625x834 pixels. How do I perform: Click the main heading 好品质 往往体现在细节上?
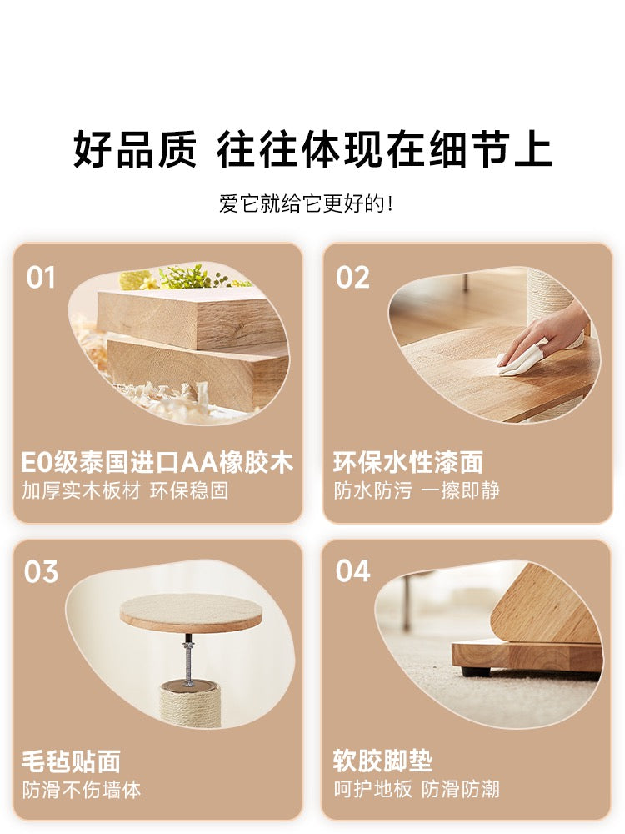tap(312, 148)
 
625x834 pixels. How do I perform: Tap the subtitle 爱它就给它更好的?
tap(307, 203)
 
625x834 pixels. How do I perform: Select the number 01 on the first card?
tap(41, 278)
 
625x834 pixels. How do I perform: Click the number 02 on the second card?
tap(352, 278)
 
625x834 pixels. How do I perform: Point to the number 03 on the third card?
tap(41, 572)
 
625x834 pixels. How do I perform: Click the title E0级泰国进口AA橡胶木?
tap(157, 462)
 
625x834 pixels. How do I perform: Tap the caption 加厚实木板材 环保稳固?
tap(126, 490)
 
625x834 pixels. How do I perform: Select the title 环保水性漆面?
tap(408, 462)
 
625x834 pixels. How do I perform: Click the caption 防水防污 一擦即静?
tap(417, 490)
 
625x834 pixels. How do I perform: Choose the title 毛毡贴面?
tap(71, 761)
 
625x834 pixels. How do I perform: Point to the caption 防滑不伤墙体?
tap(82, 790)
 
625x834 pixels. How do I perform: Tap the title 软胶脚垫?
tap(383, 761)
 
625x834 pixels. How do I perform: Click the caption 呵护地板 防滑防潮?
tap(417, 789)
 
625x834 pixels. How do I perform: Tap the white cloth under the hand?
tap(517, 363)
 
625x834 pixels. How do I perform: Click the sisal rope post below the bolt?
tap(190, 705)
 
